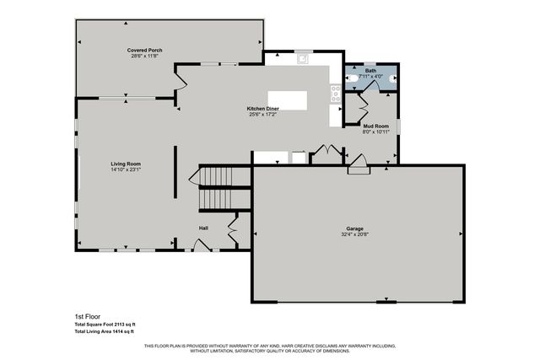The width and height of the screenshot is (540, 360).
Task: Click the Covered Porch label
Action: coord(145,51)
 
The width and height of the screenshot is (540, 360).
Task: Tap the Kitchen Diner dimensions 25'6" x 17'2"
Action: coord(263,116)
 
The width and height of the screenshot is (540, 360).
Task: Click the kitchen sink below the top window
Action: coord(302,59)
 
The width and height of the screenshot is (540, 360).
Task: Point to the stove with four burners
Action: coord(336,93)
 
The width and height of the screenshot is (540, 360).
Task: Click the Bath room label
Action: coord(370,70)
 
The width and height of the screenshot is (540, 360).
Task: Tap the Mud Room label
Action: coord(375,125)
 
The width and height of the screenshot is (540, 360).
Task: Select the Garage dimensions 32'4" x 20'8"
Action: coord(359,235)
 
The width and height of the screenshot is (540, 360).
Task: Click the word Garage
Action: coord(359,228)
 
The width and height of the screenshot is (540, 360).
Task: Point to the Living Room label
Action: coord(126,164)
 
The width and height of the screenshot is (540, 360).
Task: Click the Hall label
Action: coord(203,228)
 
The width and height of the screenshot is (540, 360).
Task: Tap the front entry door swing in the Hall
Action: coord(201,244)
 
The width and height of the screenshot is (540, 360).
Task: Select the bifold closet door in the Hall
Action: coord(233,228)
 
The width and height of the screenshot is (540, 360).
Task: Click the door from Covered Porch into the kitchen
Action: coord(180,82)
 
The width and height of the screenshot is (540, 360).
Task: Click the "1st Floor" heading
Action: coord(87,316)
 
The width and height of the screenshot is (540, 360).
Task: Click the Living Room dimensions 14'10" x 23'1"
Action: coord(126,170)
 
